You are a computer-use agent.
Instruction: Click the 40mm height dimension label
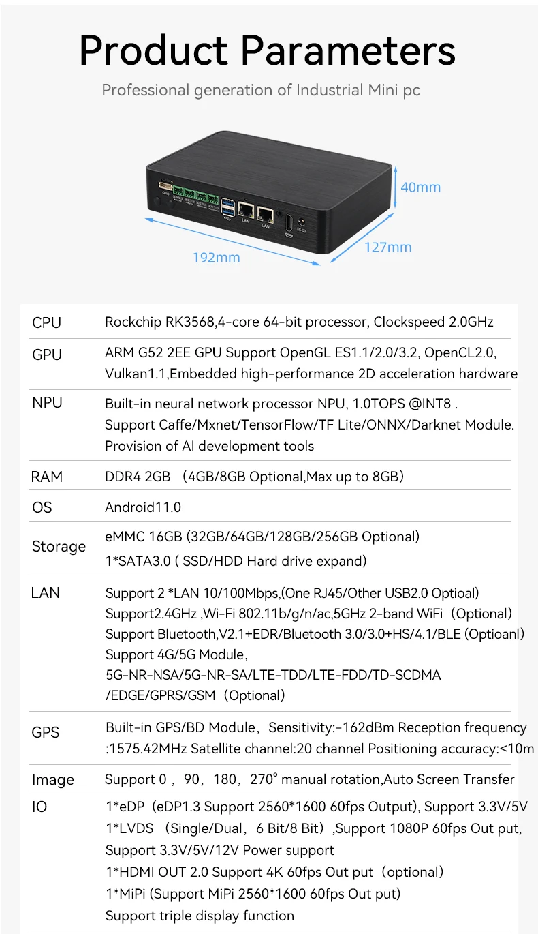[420, 187]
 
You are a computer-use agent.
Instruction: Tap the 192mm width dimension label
[216, 257]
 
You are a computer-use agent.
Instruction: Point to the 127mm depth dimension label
[387, 247]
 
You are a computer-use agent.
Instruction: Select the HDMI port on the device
[289, 222]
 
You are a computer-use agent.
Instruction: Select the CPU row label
[46, 322]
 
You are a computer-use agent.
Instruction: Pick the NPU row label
[47, 403]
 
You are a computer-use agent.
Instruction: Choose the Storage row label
[59, 547]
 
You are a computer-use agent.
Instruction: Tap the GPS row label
[46, 732]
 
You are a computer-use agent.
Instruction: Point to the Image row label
[52, 779]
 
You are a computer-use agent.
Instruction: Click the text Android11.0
[143, 507]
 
